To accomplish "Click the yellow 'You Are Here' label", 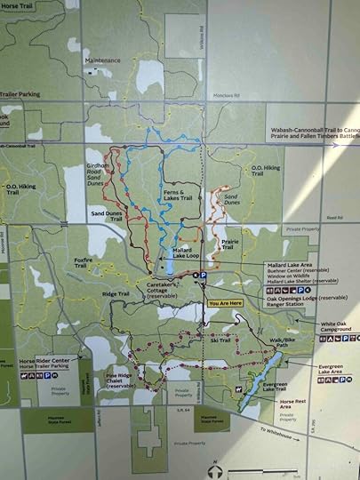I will [x=224, y=303].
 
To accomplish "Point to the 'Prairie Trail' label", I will [x=229, y=244].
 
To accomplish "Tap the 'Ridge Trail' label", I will [x=116, y=293].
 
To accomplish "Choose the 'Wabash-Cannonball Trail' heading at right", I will [x=313, y=130].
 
